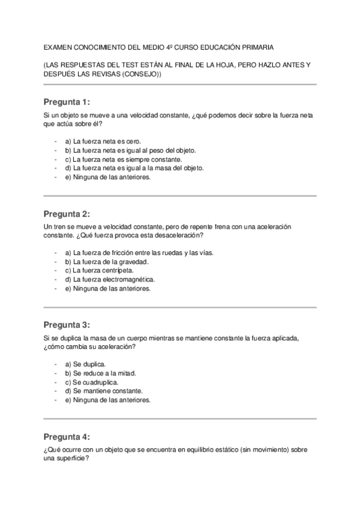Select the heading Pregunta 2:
(x=67, y=214)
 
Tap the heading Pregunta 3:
(x=67, y=325)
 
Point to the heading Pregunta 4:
(x=67, y=437)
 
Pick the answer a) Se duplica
(x=85, y=364)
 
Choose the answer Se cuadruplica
(x=91, y=382)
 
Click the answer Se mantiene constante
(x=100, y=391)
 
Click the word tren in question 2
(x=61, y=226)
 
